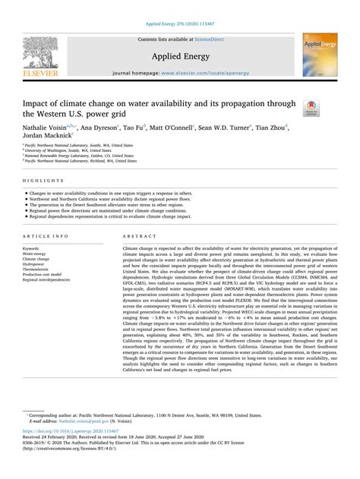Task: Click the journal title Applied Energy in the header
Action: coord(180,55)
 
